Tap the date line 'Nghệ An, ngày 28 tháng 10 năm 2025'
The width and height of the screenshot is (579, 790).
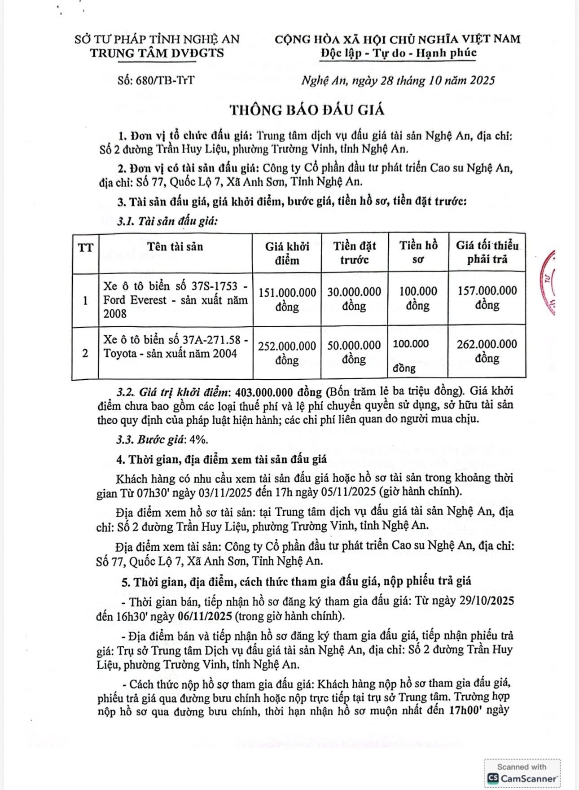(x=398, y=81)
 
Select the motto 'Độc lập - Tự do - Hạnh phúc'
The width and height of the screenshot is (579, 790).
(x=398, y=53)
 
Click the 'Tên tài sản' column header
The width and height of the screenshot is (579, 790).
(x=175, y=246)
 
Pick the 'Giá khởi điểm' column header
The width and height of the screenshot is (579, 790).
(x=287, y=253)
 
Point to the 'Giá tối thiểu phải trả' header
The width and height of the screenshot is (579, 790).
(x=487, y=253)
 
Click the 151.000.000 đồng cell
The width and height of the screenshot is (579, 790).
(x=287, y=299)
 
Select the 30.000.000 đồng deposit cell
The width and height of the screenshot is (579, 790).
(x=354, y=299)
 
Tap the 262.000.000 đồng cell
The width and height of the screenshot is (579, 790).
(x=487, y=351)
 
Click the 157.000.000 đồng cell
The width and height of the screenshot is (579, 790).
(x=487, y=298)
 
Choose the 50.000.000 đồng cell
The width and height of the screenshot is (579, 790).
(x=354, y=352)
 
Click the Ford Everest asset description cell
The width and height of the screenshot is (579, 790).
(x=175, y=300)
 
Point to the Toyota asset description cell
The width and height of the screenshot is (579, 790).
(x=175, y=347)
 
